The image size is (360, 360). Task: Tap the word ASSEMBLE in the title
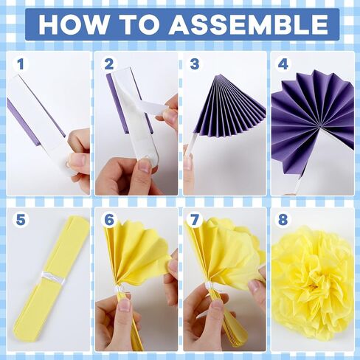point(249,24)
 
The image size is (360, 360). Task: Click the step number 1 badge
point(21,64)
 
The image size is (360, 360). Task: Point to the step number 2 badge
point(109,64)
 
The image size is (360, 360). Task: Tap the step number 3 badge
point(195,64)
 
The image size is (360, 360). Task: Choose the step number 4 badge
point(283,64)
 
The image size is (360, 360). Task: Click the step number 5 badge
point(21,220)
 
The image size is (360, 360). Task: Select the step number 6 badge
point(109,220)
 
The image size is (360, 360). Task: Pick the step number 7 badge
point(195,220)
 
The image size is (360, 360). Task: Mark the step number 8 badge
point(283,220)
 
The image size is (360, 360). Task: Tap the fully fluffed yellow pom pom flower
point(313,283)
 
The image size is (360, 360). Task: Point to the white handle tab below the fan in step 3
point(190,145)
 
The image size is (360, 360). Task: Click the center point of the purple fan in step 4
point(319,127)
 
